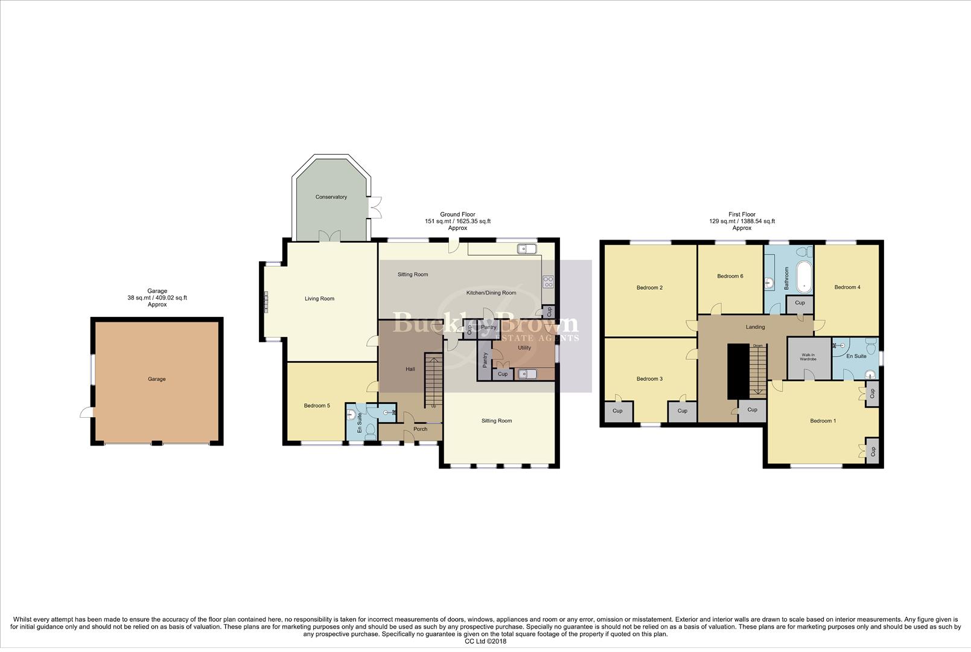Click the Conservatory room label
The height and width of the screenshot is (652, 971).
pyautogui.click(x=331, y=197)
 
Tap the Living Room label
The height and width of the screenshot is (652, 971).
pyautogui.click(x=319, y=298)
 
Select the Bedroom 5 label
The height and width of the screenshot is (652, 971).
pyautogui.click(x=316, y=406)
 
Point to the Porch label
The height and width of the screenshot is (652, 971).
pyautogui.click(x=420, y=429)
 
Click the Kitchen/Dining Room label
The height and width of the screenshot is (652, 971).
pyautogui.click(x=491, y=293)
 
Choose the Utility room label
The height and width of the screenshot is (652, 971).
pyautogui.click(x=524, y=348)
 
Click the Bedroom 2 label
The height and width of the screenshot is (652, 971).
pyautogui.click(x=649, y=287)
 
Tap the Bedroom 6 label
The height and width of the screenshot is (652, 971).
pyautogui.click(x=730, y=276)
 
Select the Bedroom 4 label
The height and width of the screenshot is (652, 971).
pyautogui.click(x=847, y=287)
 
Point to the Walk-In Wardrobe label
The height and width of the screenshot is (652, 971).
pyautogui.click(x=808, y=357)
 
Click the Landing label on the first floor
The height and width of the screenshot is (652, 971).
pyautogui.click(x=755, y=327)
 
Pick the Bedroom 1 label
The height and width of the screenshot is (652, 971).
pyautogui.click(x=823, y=421)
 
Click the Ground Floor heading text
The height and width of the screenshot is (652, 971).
pyautogui.click(x=457, y=214)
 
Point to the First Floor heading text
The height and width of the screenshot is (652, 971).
pyautogui.click(x=742, y=214)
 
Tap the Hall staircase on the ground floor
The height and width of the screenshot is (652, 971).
pyautogui.click(x=433, y=380)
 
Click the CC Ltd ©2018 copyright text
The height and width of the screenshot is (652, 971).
pyautogui.click(x=485, y=642)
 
